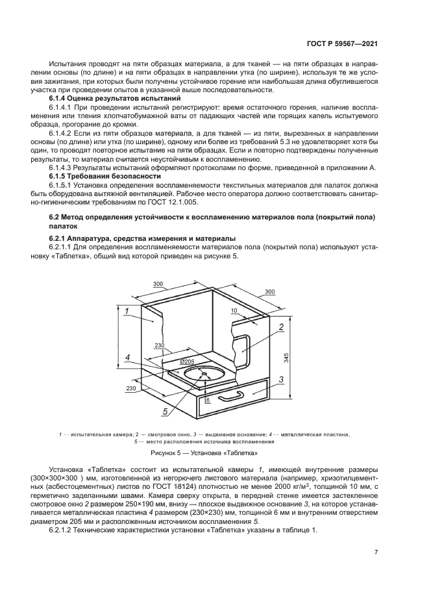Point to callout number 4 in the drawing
(128, 358)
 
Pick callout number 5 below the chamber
(165, 412)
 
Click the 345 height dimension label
(286, 357)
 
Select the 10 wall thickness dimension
(233, 311)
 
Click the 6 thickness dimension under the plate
(207, 401)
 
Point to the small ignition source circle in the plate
(204, 374)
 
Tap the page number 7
(376, 552)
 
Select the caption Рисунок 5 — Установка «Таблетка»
(204, 452)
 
